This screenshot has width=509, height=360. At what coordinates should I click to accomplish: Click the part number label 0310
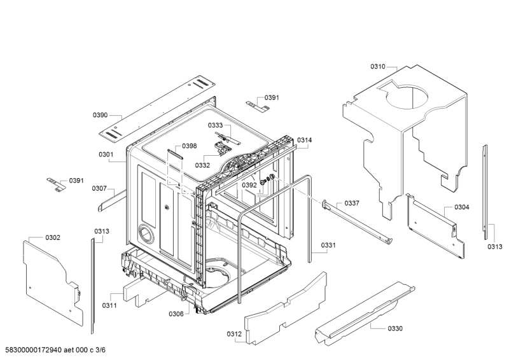(378, 66)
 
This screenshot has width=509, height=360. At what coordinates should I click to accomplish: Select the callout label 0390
(101, 115)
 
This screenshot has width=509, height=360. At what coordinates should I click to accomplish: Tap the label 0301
(106, 155)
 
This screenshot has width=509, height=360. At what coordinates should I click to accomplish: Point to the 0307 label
(99, 188)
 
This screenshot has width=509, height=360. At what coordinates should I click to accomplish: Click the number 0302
(53, 237)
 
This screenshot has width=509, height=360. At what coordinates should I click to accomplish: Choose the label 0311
(109, 305)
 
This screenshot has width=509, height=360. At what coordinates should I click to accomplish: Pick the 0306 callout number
(176, 314)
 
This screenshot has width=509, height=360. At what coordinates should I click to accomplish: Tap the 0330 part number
(395, 328)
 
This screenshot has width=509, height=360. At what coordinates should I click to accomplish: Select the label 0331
(328, 245)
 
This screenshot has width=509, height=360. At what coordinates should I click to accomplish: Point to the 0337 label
(352, 203)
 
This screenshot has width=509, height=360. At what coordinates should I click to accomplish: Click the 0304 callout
(462, 207)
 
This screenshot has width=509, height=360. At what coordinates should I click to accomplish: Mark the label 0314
(305, 140)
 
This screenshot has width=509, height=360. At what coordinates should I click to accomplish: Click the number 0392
(249, 185)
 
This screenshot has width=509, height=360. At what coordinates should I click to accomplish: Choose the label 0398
(189, 146)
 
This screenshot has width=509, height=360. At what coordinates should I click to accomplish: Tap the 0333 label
(215, 125)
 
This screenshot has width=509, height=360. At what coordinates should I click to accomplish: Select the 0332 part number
(203, 165)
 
